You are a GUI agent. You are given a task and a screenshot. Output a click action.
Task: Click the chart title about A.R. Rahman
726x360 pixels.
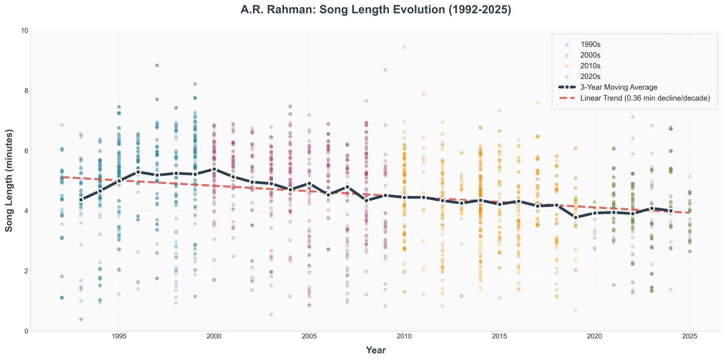[x=375, y=10]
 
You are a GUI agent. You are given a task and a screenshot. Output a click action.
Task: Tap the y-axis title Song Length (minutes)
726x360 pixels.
[x=9, y=180]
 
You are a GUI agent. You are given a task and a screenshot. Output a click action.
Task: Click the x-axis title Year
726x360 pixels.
[x=375, y=350]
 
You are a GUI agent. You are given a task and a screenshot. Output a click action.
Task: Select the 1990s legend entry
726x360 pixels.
[x=590, y=45]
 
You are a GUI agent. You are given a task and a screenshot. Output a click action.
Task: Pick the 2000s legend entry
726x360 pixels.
[x=590, y=55]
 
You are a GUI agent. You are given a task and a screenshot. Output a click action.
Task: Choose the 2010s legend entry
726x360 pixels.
[x=590, y=66]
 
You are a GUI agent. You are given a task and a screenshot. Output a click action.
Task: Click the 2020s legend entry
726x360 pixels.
[x=590, y=77]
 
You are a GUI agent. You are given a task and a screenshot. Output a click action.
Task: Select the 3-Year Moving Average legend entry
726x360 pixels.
[x=618, y=87]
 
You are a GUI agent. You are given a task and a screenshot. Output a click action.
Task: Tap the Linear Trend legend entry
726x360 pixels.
[x=644, y=98]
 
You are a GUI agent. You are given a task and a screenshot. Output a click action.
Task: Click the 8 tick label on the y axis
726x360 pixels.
[x=26, y=91]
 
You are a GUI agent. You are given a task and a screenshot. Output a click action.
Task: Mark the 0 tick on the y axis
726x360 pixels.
[x=26, y=331]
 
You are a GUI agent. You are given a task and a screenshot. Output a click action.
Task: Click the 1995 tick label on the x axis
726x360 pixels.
[x=119, y=336]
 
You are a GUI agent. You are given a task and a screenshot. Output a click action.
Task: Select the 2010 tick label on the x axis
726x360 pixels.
[x=404, y=336]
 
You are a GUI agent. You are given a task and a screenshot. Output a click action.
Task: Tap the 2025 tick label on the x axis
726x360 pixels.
[x=689, y=336]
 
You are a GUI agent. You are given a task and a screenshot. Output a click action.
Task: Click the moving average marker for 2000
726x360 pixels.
[x=214, y=169]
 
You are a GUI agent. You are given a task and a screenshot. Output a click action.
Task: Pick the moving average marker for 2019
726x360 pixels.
[x=576, y=217]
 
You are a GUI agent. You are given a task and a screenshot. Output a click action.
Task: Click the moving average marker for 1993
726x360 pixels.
[x=81, y=200]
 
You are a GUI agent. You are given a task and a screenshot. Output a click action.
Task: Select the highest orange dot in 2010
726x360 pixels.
[x=404, y=47]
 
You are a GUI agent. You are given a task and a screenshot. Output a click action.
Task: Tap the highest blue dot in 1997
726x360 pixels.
[x=157, y=65]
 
